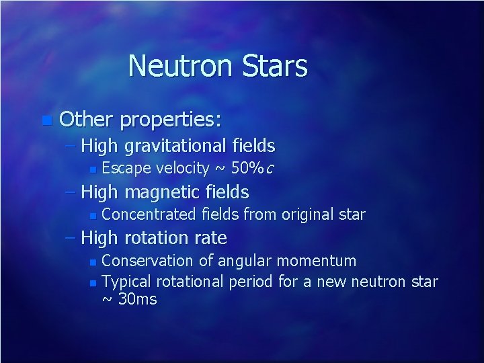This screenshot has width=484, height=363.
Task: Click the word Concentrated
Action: [x=150, y=215]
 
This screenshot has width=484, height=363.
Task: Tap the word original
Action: [x=310, y=215]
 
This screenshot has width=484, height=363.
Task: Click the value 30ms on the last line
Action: [x=137, y=299]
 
